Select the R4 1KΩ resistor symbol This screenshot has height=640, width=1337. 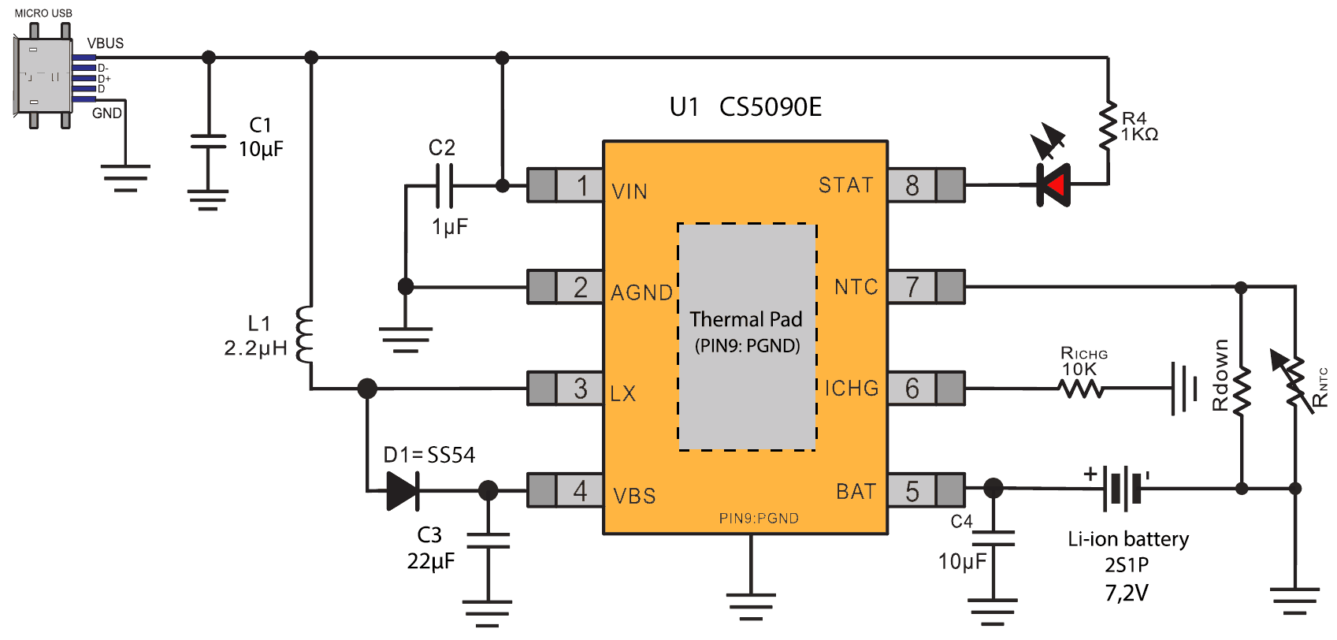point(1109,125)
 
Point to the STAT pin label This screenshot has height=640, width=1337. point(846,185)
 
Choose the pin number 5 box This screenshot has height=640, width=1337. point(912,491)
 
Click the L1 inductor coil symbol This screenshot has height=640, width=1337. point(304,334)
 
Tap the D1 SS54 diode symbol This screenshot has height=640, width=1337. point(403,491)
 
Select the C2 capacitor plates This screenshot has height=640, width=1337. point(444,186)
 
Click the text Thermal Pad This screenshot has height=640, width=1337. point(746,319)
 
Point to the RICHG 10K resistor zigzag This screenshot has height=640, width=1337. point(1081,389)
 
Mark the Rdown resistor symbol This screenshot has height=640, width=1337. point(1242,391)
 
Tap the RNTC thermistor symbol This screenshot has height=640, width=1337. point(1294,382)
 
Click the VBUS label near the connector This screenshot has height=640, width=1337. point(106,43)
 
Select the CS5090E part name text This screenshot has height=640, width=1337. point(771,107)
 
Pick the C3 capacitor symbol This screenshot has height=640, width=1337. point(488,541)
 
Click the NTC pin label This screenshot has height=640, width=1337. point(856,287)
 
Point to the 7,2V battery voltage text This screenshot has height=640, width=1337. point(1127,593)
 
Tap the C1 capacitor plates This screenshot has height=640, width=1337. point(208,142)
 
